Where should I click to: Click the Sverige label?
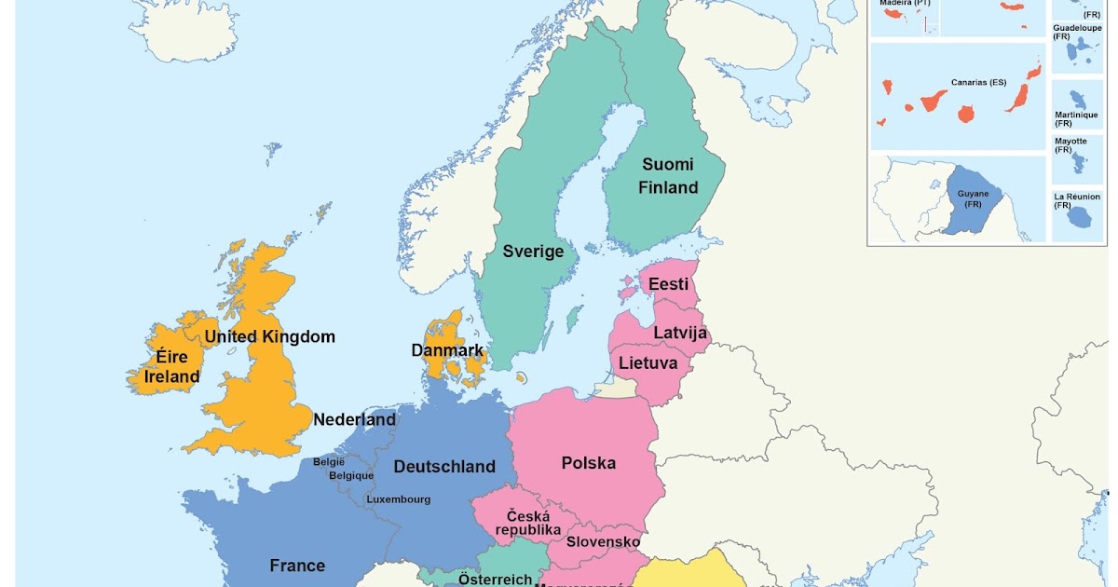(533, 251)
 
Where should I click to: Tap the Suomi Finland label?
(667, 176)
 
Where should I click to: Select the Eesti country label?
(668, 284)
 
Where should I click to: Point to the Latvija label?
(680, 333)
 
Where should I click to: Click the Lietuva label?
(648, 362)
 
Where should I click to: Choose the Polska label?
(588, 462)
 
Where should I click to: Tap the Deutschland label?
(444, 466)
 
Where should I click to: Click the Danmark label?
(447, 351)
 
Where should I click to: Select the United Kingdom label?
(269, 336)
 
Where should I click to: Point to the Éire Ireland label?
(171, 367)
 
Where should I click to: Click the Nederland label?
(354, 419)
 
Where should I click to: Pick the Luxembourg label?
(398, 499)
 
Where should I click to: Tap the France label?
(297, 566)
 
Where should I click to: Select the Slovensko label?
(603, 541)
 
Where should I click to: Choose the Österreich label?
(495, 579)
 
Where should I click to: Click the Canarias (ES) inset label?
(978, 82)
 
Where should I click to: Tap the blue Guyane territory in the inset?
(973, 198)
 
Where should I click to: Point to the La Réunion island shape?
(1081, 217)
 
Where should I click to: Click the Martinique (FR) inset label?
(1076, 118)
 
